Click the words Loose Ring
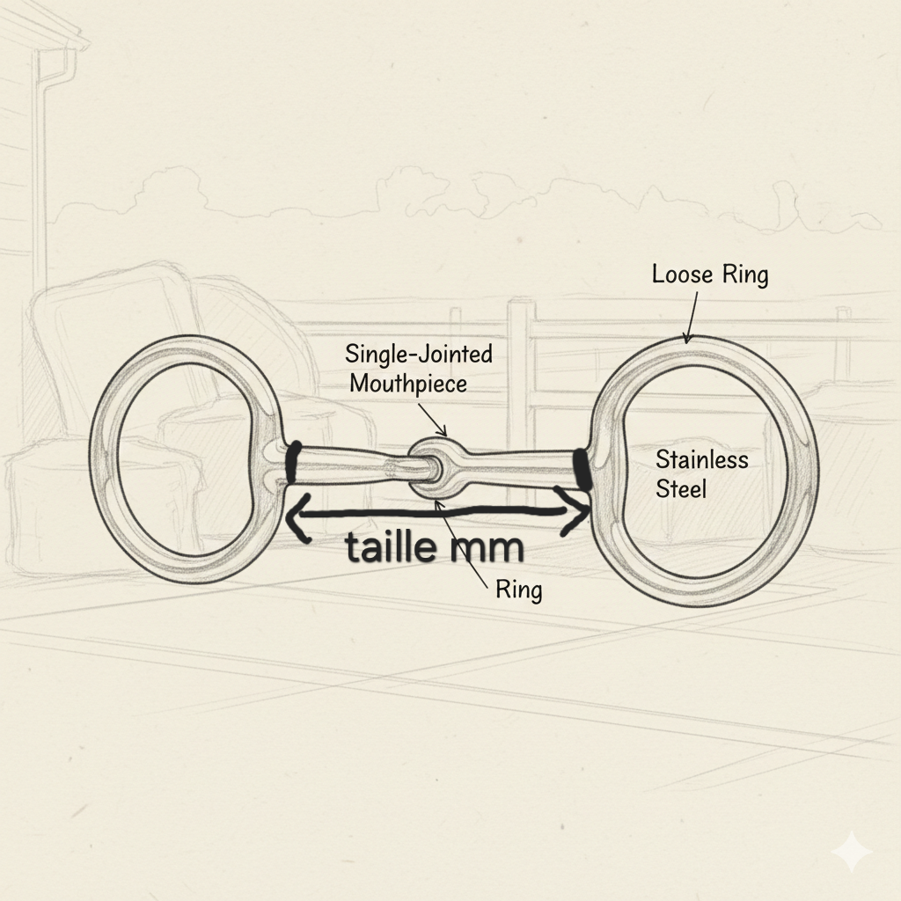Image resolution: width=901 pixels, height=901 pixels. pyautogui.click(x=709, y=275)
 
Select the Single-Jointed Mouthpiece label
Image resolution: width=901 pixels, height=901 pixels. pyautogui.click(x=418, y=369)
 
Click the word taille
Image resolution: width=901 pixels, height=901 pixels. pyautogui.click(x=391, y=548)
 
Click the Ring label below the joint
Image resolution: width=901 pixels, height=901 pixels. pyautogui.click(x=518, y=589)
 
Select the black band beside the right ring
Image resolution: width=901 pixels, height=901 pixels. pyautogui.click(x=581, y=468)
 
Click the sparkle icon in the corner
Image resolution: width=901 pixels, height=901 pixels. pyautogui.click(x=851, y=852)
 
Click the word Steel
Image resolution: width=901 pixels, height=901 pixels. pyautogui.click(x=681, y=488)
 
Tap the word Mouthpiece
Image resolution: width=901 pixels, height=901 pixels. pyautogui.click(x=408, y=384)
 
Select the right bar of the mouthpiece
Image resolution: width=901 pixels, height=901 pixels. pyautogui.click(x=519, y=464)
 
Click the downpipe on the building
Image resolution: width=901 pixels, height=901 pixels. pyautogui.click(x=39, y=158)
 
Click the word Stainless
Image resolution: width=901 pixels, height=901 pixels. pyautogui.click(x=701, y=459)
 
